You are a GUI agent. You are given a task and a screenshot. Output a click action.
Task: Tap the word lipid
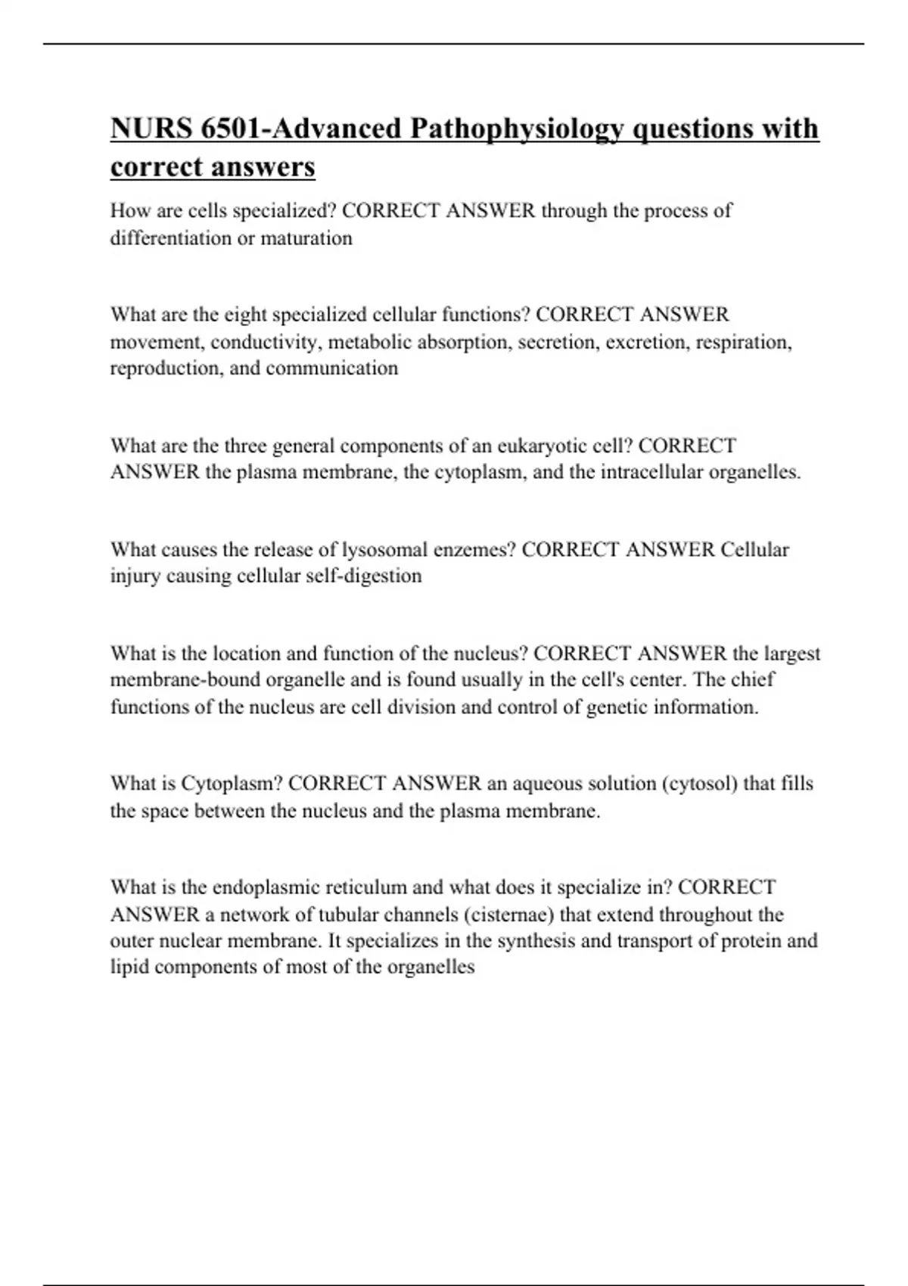pyautogui.click(x=129, y=968)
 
